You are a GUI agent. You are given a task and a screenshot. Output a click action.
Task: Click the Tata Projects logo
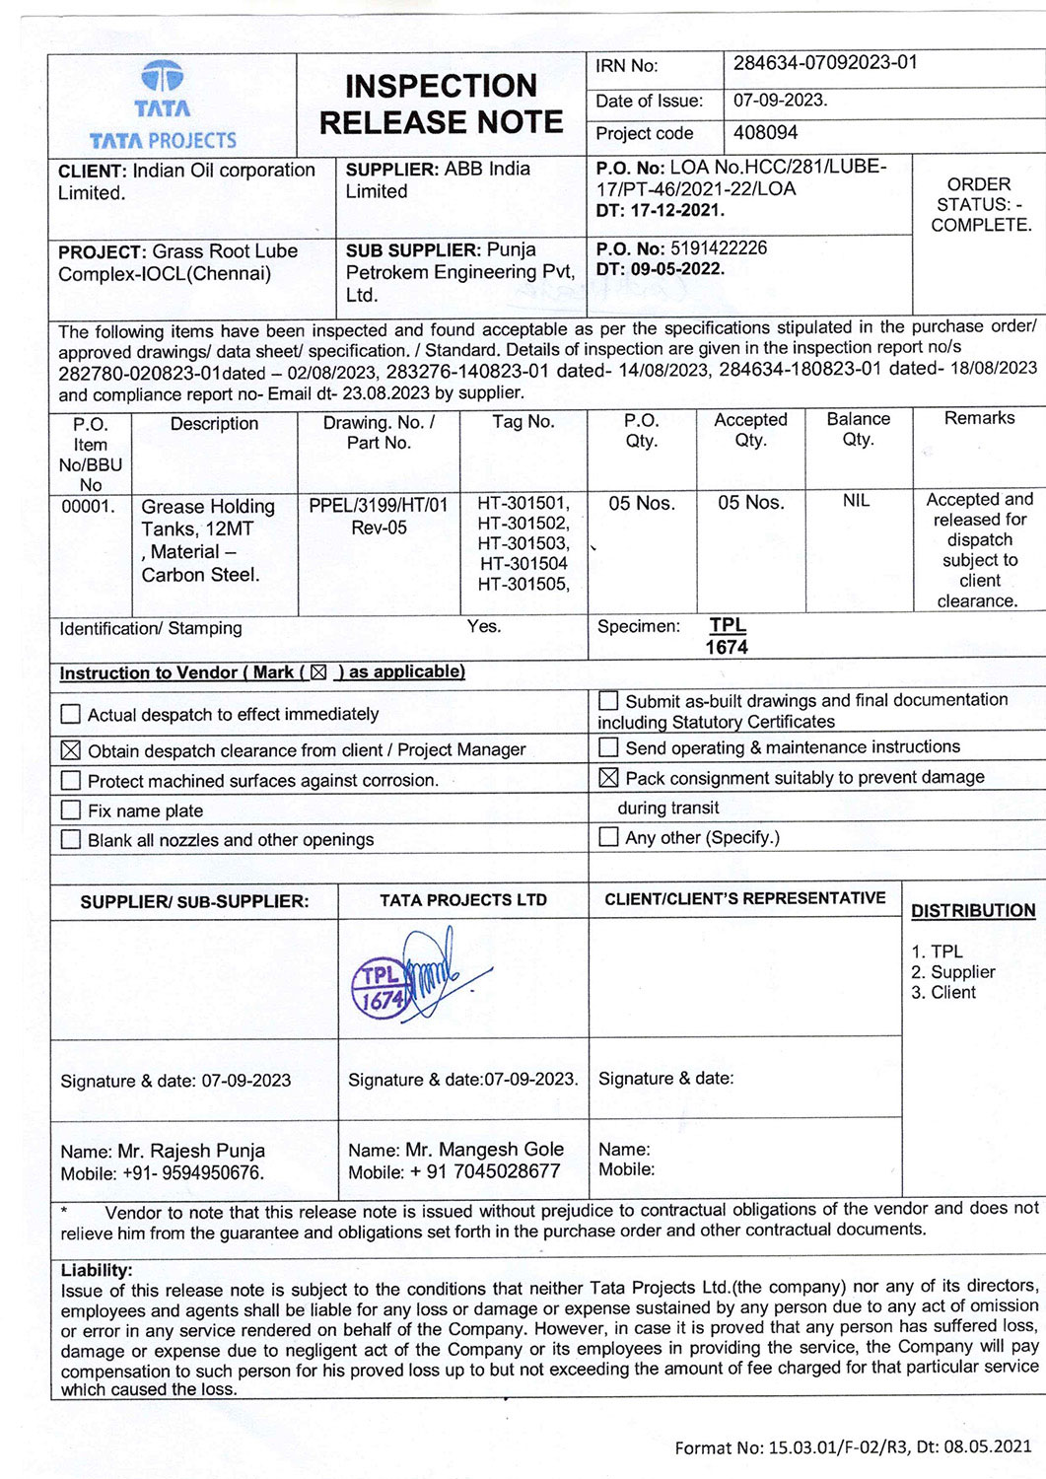pyautogui.click(x=163, y=106)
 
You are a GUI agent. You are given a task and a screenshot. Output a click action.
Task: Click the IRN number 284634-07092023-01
pyautogui.click(x=825, y=63)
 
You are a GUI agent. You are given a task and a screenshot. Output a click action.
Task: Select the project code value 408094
pyautogui.click(x=766, y=132)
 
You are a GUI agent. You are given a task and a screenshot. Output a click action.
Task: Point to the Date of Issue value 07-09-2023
pyautogui.click(x=780, y=100)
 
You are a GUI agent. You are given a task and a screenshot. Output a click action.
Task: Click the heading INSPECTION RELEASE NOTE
pyautogui.click(x=441, y=104)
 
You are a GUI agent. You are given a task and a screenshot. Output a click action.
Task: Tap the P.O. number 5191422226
pyautogui.click(x=718, y=247)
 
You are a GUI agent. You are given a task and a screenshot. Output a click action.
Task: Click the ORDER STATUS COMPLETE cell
pyautogui.click(x=979, y=204)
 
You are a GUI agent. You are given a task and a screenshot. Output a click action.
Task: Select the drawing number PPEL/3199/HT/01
pyautogui.click(x=379, y=506)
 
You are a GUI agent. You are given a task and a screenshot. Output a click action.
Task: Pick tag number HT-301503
pyautogui.click(x=523, y=543)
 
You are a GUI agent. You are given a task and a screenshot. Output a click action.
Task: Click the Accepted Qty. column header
pyautogui.click(x=750, y=430)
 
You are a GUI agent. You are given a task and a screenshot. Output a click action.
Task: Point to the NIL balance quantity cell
pyautogui.click(x=856, y=501)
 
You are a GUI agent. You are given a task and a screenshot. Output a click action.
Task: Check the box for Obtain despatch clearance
pyautogui.click(x=71, y=750)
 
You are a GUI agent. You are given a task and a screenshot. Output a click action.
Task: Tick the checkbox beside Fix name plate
pyautogui.click(x=71, y=810)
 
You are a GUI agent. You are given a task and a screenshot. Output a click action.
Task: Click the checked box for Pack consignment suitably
pyautogui.click(x=609, y=778)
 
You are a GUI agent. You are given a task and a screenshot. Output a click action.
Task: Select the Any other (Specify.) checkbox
pyautogui.click(x=609, y=838)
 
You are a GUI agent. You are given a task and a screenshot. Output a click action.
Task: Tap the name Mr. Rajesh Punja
pyautogui.click(x=191, y=1151)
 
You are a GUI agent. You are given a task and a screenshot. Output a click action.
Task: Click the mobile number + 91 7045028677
pyautogui.click(x=481, y=1172)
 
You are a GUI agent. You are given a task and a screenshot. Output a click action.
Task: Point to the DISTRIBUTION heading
pyautogui.click(x=973, y=911)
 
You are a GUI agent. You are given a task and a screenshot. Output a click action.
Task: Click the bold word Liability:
pyautogui.click(x=97, y=1270)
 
